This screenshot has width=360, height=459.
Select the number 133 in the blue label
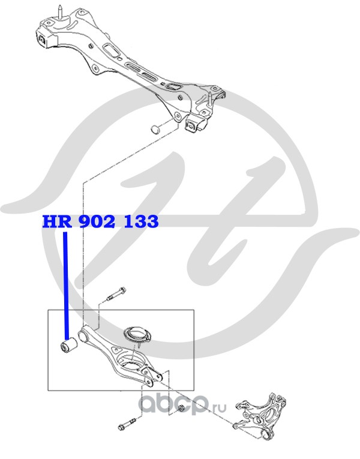pos(141,222)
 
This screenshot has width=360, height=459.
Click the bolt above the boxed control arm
pos(115,295)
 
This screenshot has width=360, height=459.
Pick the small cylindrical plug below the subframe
pos(155,127)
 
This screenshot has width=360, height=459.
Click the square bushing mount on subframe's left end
pos(44,40)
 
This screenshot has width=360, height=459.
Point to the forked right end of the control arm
pos(157,376)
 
